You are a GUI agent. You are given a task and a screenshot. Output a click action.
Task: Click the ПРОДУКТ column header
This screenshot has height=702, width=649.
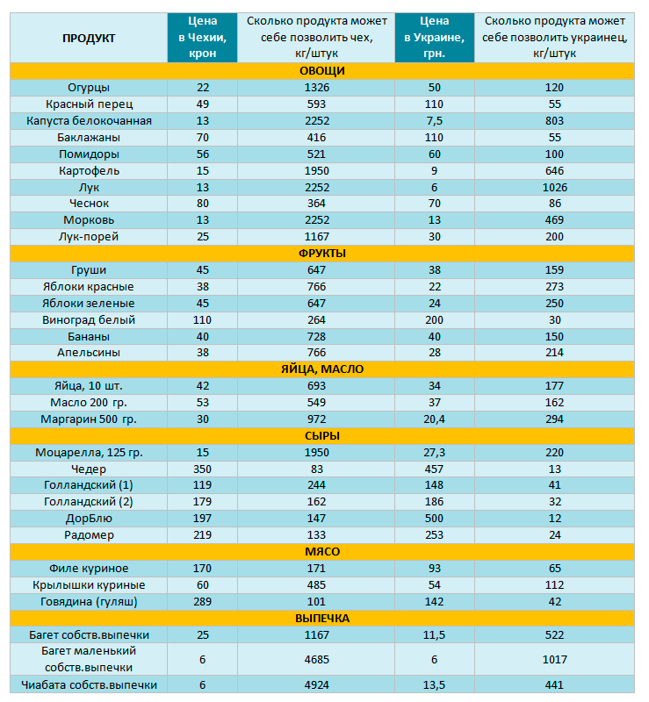pos(89,38)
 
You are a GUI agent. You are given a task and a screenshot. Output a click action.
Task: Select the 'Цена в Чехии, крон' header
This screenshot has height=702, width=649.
pos(203,37)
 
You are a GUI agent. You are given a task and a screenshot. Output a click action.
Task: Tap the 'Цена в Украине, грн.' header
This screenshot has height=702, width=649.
pos(435,37)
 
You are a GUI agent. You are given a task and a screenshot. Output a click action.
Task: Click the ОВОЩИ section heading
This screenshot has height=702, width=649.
pos(322,71)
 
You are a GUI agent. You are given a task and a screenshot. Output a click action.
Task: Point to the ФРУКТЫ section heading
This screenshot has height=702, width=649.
pos(322,254)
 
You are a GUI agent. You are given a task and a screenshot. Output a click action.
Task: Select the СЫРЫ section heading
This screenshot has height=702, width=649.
pos(322,436)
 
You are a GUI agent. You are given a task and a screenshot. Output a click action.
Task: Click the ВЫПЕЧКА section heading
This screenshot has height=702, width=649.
pos(322,619)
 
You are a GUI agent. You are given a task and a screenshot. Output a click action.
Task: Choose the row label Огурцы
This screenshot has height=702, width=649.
pos(89,88)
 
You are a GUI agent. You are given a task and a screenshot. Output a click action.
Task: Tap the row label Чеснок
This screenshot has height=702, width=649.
pos(89,204)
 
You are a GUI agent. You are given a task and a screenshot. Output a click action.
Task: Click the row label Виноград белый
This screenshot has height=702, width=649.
pos(89,320)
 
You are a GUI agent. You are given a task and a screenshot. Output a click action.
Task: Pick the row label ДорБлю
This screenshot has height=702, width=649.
pos(89,519)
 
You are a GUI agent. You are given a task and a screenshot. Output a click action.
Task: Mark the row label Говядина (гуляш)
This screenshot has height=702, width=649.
pos(89,602)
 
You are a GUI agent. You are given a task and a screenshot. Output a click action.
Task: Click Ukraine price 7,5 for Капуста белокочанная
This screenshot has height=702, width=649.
pos(435,121)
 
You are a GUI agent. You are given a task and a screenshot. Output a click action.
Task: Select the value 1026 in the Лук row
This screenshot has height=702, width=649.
pos(555,188)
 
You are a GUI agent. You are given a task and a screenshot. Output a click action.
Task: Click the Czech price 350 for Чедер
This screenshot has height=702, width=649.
pos(203,469)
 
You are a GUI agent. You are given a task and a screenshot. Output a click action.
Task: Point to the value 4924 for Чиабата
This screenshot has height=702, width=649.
pos(317,685)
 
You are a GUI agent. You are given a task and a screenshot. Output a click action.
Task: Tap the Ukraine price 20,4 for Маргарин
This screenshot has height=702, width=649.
pos(435,419)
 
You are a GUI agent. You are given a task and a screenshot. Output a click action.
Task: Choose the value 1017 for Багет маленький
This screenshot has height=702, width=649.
pos(555,660)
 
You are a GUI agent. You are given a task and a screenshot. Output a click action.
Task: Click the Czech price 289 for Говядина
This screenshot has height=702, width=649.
pos(203,602)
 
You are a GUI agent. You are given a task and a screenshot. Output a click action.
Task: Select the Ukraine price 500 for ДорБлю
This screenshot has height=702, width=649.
pos(435,519)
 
